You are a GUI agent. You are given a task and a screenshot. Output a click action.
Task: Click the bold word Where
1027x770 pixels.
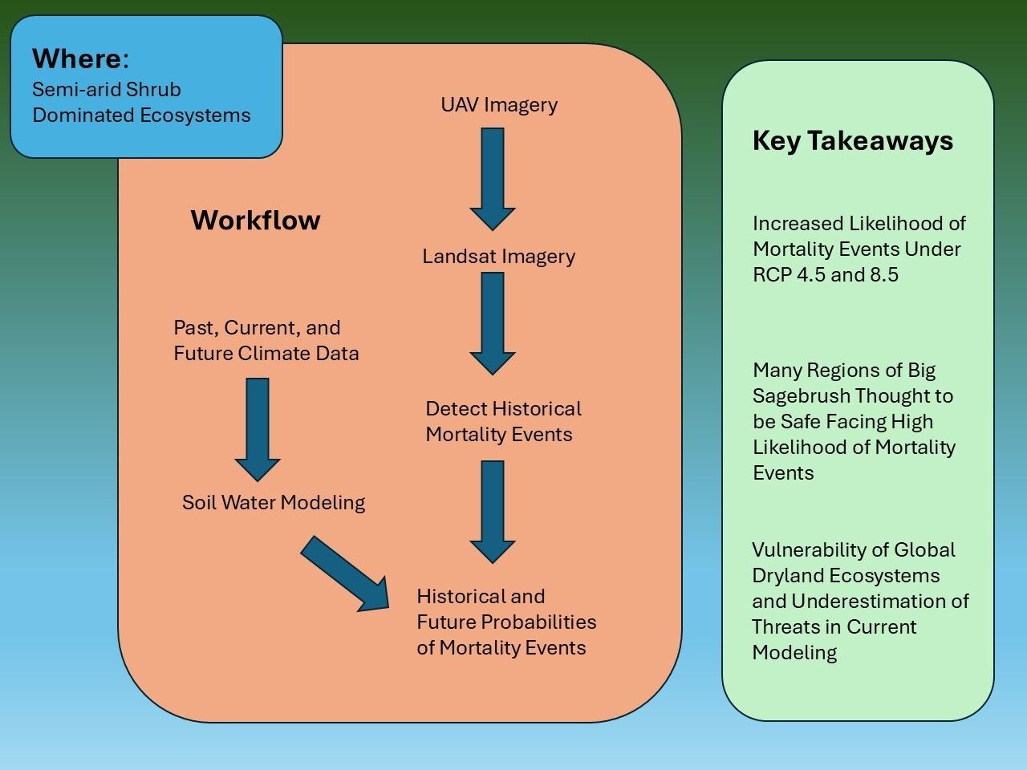pyautogui.click(x=77, y=59)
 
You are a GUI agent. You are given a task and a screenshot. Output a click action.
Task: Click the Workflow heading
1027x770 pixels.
pyautogui.click(x=255, y=221)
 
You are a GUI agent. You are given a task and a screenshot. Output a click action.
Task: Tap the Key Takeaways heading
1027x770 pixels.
pyautogui.click(x=853, y=141)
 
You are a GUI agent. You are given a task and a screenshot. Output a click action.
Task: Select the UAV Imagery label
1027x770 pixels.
pyautogui.click(x=499, y=105)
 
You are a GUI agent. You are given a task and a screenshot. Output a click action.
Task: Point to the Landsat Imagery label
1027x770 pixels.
pyautogui.click(x=499, y=257)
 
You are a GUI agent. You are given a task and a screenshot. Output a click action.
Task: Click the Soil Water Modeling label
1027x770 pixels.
pyautogui.click(x=274, y=503)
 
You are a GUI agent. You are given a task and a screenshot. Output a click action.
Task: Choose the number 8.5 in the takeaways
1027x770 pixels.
pyautogui.click(x=883, y=275)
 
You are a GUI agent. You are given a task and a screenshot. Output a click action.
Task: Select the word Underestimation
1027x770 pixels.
pyautogui.click(x=880, y=602)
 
